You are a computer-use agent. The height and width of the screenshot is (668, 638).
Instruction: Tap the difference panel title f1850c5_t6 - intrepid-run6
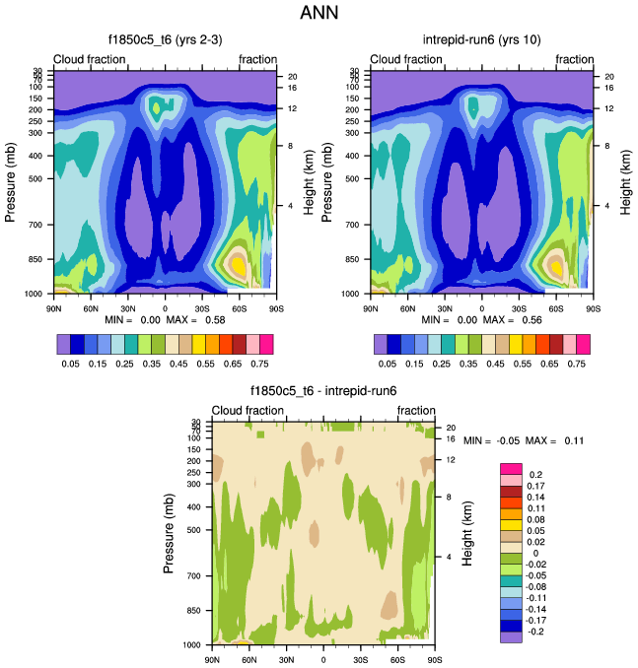point(322,391)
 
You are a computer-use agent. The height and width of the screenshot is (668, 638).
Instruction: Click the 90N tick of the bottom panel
point(212,659)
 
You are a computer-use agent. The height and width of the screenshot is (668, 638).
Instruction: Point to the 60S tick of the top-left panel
point(239,306)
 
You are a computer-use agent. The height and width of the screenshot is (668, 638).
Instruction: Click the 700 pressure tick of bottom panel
point(195,575)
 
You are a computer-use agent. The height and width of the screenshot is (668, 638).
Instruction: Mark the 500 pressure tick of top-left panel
point(37,178)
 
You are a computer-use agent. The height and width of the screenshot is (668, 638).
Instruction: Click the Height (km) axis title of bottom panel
point(467,532)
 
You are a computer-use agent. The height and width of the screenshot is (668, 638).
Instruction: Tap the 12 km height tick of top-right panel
point(609,107)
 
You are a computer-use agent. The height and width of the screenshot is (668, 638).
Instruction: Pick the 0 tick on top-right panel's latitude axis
point(482,306)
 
